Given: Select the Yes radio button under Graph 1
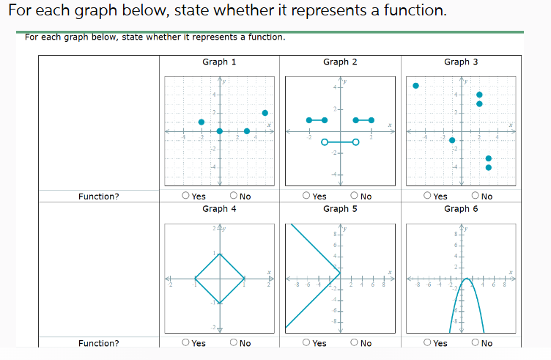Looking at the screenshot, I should tap(186, 196).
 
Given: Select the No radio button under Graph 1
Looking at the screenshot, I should tap(233, 196).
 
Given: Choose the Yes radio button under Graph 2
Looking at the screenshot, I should tap(307, 196).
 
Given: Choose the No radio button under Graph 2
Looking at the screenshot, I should tap(354, 196).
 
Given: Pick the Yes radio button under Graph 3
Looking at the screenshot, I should tap(428, 196).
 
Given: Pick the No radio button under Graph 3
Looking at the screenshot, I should tap(475, 196).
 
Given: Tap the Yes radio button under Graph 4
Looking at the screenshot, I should tap(186, 343).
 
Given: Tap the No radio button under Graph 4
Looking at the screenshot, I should tap(233, 343).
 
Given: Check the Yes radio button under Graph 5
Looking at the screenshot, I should tap(307, 343).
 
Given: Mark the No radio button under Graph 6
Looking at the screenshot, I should tap(475, 343).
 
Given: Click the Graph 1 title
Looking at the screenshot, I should tap(219, 62).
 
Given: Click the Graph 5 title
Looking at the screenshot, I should tap(340, 209).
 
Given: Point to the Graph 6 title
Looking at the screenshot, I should tap(461, 209).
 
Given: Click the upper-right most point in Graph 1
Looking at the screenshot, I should tap(265, 113).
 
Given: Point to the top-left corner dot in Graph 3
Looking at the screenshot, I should tap(415, 86).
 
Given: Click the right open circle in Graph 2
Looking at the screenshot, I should tap(355, 142).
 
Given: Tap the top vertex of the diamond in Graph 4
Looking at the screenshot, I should tap(219, 254).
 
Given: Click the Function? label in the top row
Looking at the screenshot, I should tap(98, 196).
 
